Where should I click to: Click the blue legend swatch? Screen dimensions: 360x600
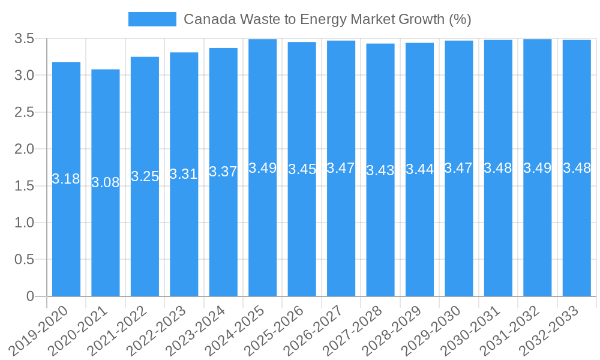click(x=152, y=19)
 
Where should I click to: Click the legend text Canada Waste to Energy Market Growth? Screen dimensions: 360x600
click(x=327, y=19)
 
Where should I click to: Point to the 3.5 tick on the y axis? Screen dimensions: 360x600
click(x=25, y=39)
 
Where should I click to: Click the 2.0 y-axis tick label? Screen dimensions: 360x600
click(x=25, y=149)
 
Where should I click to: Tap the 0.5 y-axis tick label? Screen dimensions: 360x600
click(x=25, y=259)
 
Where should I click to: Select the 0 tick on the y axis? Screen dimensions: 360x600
click(x=31, y=296)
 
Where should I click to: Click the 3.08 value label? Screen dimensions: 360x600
click(x=106, y=182)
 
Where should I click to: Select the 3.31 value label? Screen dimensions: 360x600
click(x=184, y=174)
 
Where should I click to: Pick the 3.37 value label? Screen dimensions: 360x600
click(x=223, y=172)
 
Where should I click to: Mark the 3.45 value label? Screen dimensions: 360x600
click(x=302, y=169)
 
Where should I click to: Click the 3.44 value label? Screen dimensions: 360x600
click(x=419, y=169)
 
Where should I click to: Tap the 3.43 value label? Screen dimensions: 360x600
click(x=380, y=170)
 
